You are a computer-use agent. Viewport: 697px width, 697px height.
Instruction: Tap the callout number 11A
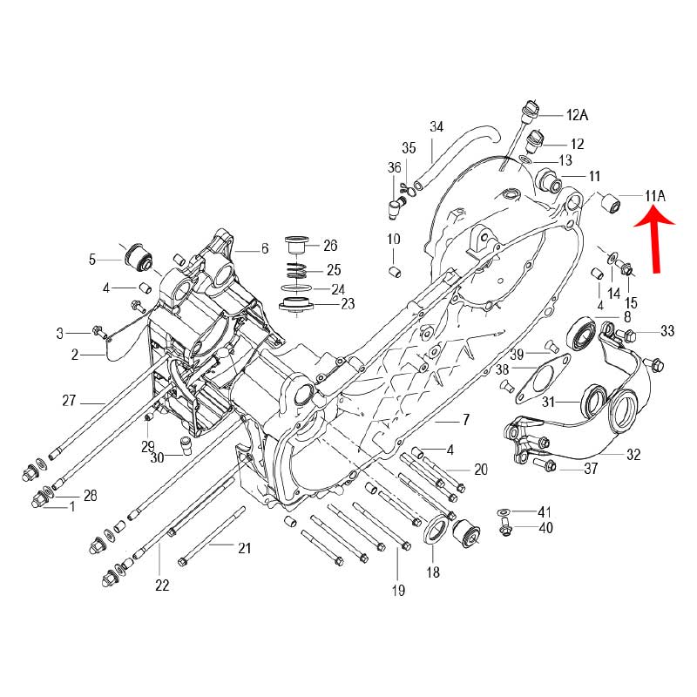tap(655, 195)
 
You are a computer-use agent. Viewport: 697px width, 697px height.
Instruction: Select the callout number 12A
tap(578, 115)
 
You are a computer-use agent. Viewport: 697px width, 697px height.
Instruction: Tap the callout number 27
tap(70, 402)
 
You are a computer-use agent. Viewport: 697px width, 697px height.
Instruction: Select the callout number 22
tap(162, 585)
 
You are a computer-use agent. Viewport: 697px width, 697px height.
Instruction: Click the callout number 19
tap(398, 592)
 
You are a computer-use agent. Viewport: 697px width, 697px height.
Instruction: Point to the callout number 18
tap(433, 572)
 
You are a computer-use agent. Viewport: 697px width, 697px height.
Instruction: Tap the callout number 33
tap(667, 330)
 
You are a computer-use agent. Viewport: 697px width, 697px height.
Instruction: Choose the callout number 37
tap(591, 470)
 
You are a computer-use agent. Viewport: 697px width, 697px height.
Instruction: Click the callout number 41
tap(545, 511)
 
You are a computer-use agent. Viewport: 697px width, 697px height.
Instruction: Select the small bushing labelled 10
tap(393, 274)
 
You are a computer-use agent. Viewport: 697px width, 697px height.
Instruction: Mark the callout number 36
tap(394, 167)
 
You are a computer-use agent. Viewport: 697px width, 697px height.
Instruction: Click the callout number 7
tap(465, 420)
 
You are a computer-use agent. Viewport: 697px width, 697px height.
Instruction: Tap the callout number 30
tap(157, 457)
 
